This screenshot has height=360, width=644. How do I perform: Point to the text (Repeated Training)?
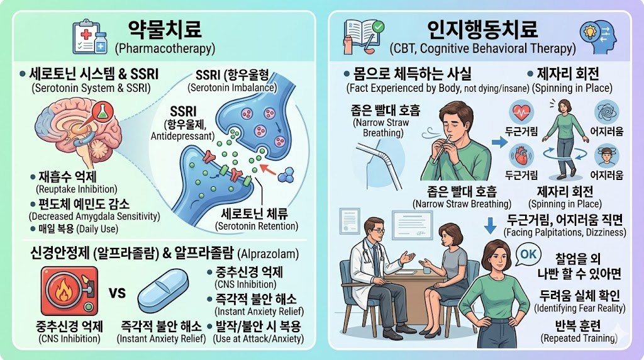tap(579, 338)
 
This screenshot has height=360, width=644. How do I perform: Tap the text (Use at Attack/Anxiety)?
tap(259, 339)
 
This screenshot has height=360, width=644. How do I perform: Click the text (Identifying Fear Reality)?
tap(579, 308)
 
